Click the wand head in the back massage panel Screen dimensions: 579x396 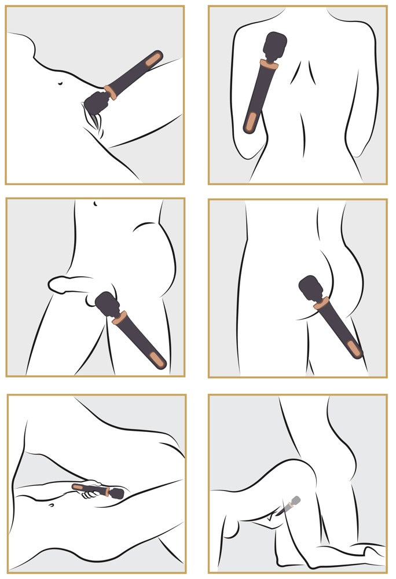(275, 45)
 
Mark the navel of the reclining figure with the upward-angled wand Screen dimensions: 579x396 (61, 85)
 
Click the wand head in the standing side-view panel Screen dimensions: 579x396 (107, 303)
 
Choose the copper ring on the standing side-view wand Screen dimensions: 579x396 (120, 317)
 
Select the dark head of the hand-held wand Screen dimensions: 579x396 (116, 493)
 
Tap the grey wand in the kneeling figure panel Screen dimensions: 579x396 (291, 504)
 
